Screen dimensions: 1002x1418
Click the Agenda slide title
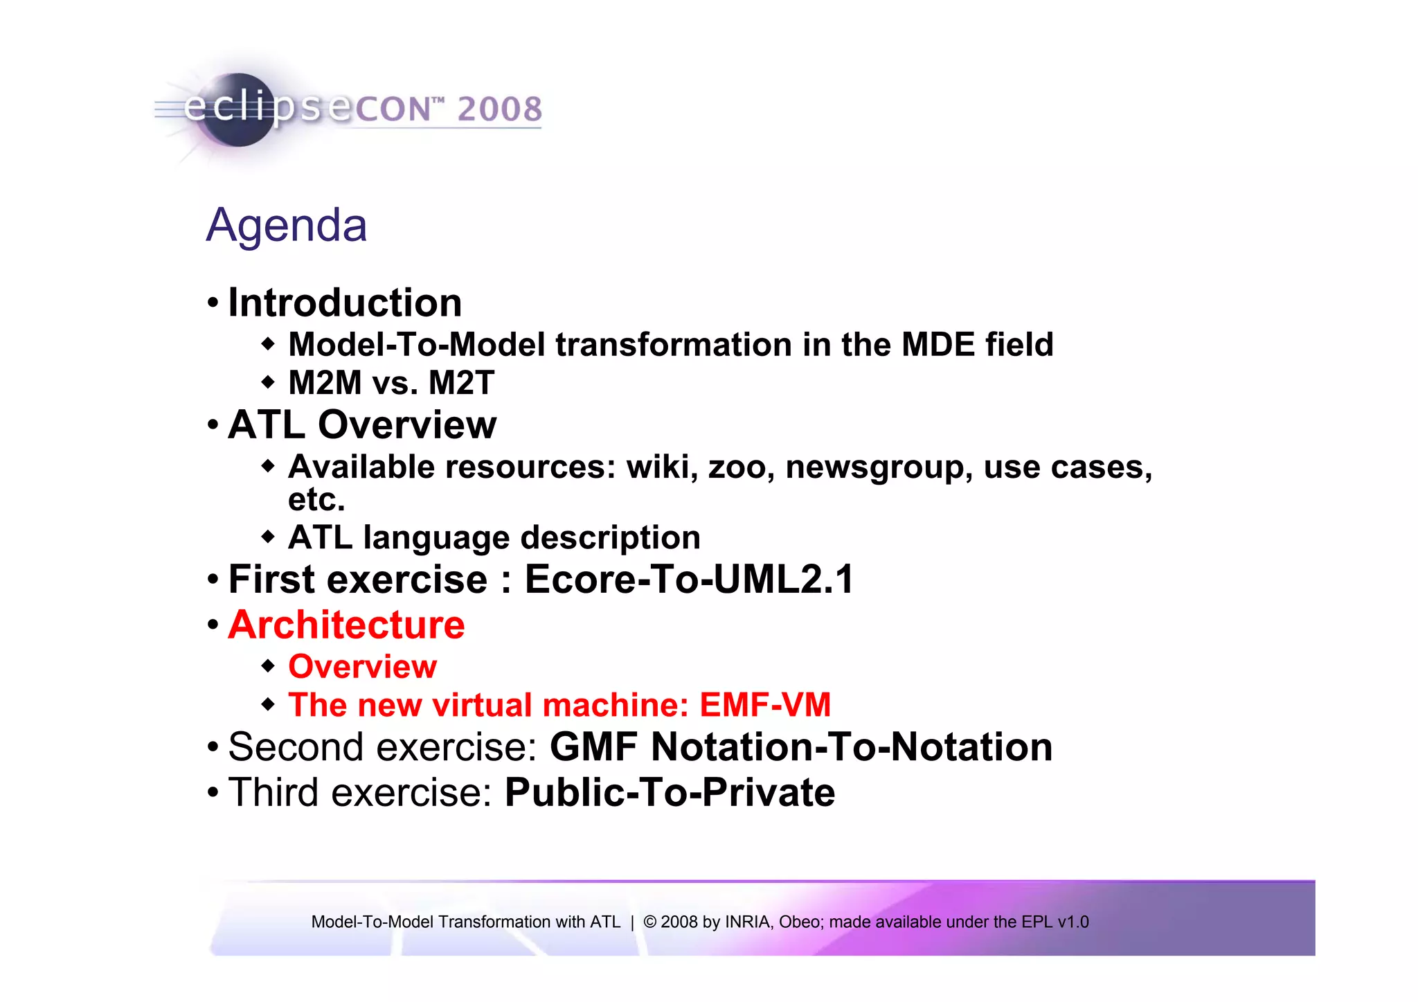pyautogui.click(x=287, y=226)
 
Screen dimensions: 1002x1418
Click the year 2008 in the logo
pyautogui.click(x=499, y=109)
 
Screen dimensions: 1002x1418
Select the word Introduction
pyautogui.click(x=345, y=303)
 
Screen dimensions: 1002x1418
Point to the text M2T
pyautogui.click(x=461, y=383)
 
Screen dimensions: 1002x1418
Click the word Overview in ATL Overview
pyautogui.click(x=407, y=424)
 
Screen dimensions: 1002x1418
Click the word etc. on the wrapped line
pyautogui.click(x=316, y=499)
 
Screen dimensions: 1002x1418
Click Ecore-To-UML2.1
pyautogui.click(x=690, y=580)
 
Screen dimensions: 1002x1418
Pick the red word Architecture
pyautogui.click(x=346, y=625)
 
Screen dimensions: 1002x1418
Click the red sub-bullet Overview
pyautogui.click(x=362, y=667)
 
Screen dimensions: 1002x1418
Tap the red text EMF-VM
pyautogui.click(x=765, y=705)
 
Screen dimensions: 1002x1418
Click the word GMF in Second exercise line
pyautogui.click(x=593, y=747)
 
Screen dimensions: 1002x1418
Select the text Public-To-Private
pyautogui.click(x=670, y=793)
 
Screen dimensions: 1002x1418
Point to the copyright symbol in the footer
pyautogui.click(x=649, y=922)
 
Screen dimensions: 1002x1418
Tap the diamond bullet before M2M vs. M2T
pyautogui.click(x=268, y=382)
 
